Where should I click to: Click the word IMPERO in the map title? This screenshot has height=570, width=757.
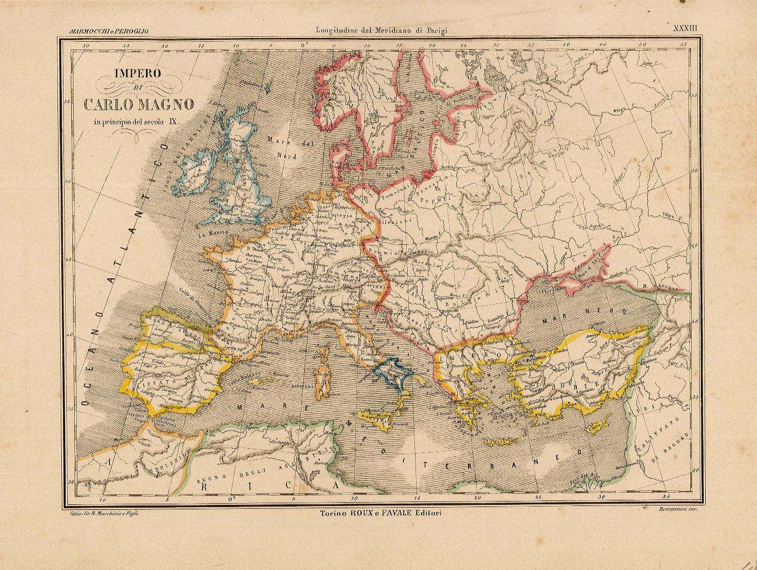pyautogui.click(x=137, y=72)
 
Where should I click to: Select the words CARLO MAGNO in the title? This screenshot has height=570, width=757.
pyautogui.click(x=139, y=104)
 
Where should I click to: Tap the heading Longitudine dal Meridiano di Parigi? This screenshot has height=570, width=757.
pyautogui.click(x=381, y=31)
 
